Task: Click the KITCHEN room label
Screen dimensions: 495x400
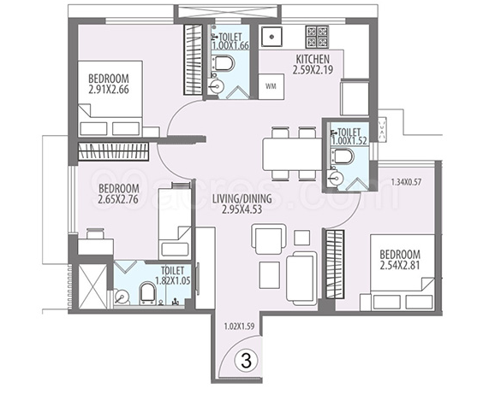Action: (313, 59)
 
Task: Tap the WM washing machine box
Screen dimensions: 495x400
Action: (271, 86)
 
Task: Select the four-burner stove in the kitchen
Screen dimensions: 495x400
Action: (317, 37)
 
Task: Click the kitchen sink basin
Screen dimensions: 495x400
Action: (271, 37)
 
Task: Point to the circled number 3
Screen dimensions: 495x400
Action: (247, 361)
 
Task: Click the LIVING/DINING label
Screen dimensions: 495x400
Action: (242, 199)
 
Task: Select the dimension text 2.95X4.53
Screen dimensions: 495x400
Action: (242, 209)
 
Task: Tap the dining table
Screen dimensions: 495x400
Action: (293, 154)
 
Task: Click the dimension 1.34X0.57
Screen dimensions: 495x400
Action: (406, 182)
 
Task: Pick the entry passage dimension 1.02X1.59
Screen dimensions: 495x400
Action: (239, 326)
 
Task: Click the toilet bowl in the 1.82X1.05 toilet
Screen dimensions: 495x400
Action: (147, 292)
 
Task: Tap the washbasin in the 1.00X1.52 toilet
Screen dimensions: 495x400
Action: (336, 179)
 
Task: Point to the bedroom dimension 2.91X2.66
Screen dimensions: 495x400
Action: (109, 90)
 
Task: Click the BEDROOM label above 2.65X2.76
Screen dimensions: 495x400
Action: (119, 189)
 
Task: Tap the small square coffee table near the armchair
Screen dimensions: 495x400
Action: (301, 238)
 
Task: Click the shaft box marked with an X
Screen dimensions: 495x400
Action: (92, 286)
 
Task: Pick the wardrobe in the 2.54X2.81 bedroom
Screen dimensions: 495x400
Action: (335, 263)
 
